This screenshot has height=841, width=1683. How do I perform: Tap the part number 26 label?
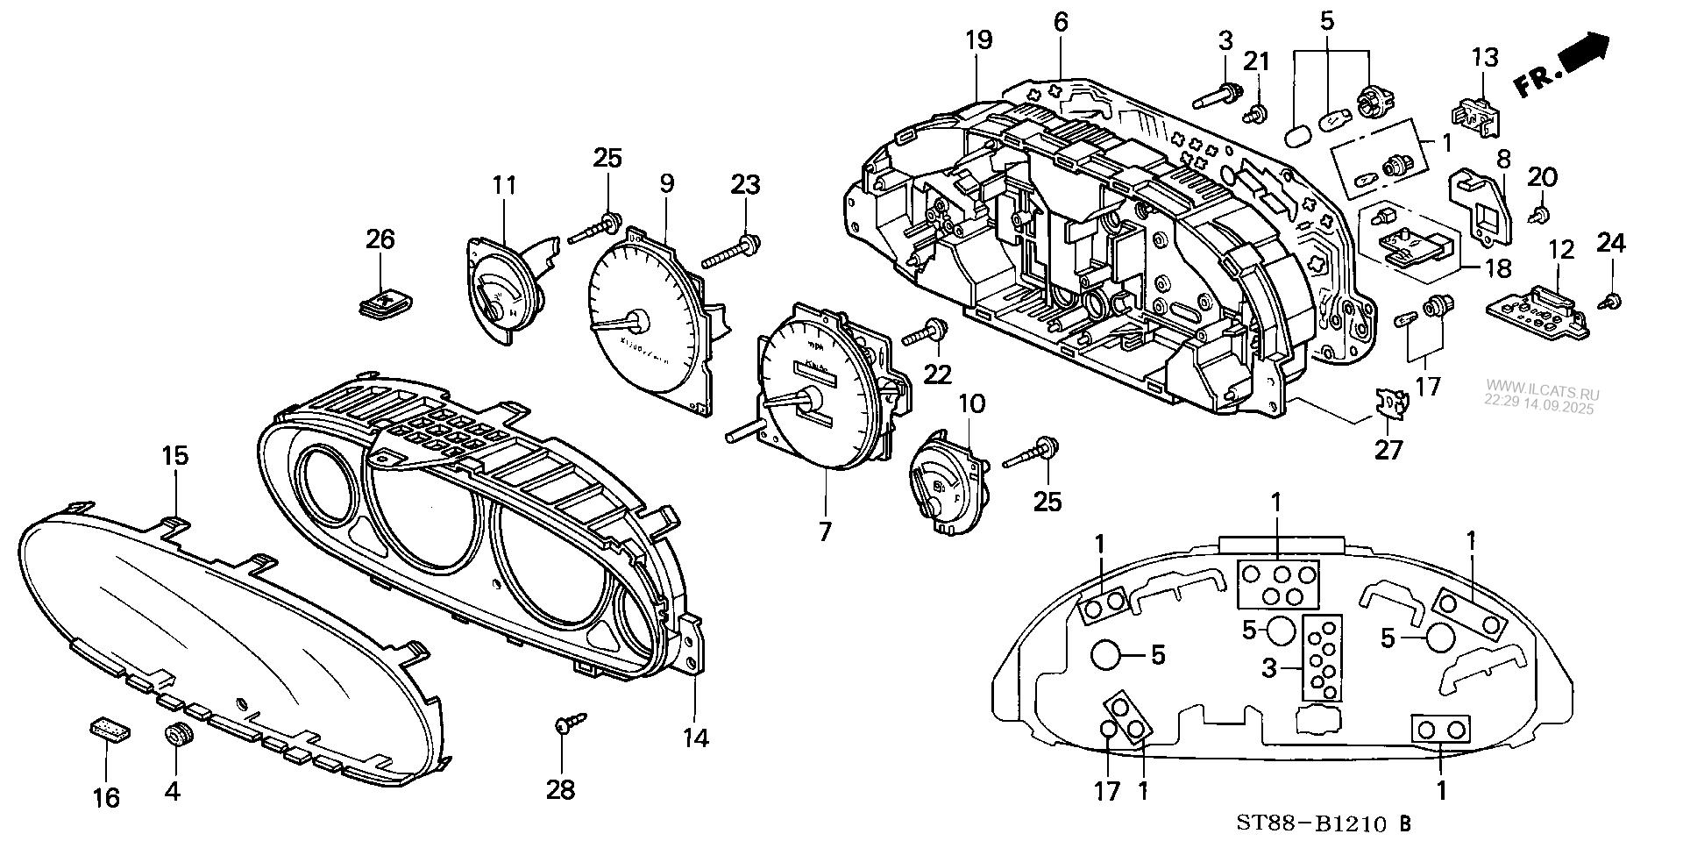click(x=380, y=239)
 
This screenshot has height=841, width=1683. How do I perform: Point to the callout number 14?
click(x=695, y=739)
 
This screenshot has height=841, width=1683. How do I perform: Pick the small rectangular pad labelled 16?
click(x=109, y=728)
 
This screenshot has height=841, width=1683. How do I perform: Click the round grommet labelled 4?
click(x=179, y=735)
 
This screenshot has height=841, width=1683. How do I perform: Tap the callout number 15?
click(x=174, y=456)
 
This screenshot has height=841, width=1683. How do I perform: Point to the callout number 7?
click(x=824, y=531)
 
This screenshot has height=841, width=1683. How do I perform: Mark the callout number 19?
click(x=978, y=39)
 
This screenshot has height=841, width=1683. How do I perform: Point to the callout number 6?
click(x=1061, y=22)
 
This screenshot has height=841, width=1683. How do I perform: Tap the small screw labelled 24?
click(x=1610, y=301)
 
